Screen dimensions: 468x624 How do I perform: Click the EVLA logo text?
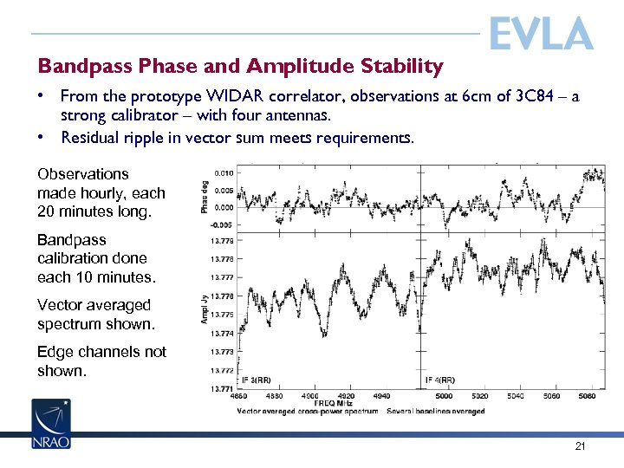tap(541, 35)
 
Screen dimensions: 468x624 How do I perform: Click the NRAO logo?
tap(51, 424)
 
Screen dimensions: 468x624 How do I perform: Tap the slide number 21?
tap(580, 446)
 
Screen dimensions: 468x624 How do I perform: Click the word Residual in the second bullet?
tap(93, 137)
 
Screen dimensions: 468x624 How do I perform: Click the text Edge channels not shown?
tap(101, 361)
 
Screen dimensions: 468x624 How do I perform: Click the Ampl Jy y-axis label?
tap(205, 309)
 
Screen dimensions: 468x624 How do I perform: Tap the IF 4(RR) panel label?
tap(441, 380)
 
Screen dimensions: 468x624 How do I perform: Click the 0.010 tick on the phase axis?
tap(223, 172)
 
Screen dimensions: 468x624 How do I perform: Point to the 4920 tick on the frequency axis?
tap(345, 396)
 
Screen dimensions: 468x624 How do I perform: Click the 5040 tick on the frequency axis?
tap(517, 396)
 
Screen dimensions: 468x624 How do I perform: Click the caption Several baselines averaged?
tap(436, 411)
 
